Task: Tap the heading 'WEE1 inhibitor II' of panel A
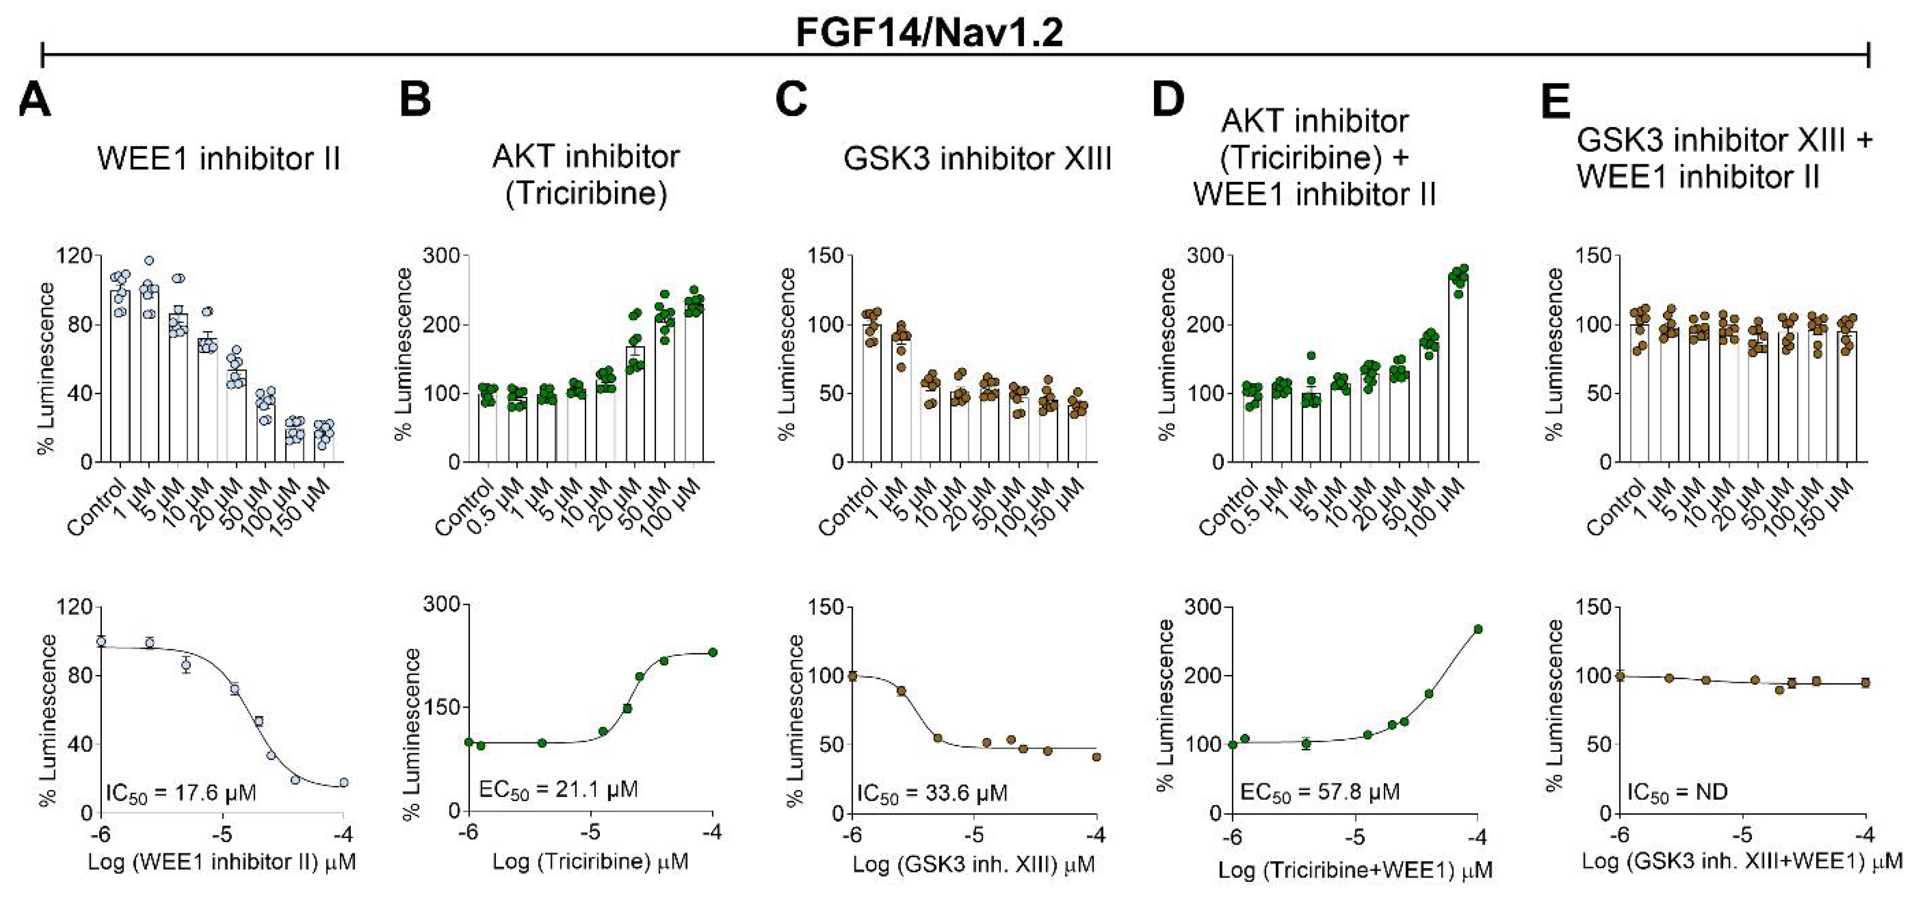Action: coord(218,159)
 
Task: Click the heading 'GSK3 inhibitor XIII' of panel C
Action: coord(977,159)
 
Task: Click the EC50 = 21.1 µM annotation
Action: coord(558,790)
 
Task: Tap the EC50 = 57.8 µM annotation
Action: coord(1319,792)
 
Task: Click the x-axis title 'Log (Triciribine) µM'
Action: coord(590,862)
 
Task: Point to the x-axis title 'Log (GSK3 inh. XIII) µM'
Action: coord(973,865)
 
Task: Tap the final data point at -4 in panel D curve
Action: coord(1478,629)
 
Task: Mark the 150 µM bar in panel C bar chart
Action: coord(1077,435)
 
